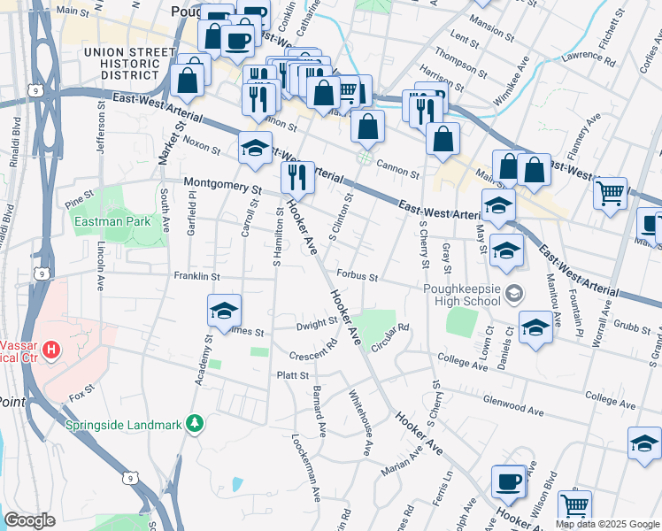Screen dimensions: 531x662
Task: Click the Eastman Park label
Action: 112,221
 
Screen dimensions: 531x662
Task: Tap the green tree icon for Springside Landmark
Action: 196,424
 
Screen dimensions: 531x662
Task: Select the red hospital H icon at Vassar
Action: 51,350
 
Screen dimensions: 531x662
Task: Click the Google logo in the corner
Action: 29,520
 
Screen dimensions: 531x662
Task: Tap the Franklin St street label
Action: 196,276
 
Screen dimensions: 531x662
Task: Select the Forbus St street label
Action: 357,276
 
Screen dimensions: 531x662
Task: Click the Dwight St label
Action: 312,326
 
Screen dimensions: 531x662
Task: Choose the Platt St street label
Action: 292,375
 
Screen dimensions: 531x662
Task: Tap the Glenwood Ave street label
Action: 512,401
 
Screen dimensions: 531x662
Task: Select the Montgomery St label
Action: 223,187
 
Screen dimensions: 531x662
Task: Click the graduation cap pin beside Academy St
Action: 224,311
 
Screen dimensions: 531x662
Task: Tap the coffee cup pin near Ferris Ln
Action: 508,481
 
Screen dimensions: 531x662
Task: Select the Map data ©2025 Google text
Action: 606,524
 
